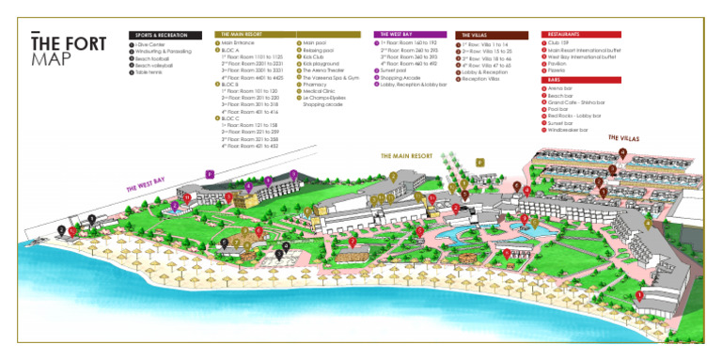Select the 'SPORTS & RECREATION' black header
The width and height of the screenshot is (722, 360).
coord(165,35)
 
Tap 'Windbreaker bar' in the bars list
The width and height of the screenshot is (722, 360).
coord(567,130)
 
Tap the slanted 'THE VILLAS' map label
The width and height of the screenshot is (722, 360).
coord(622,139)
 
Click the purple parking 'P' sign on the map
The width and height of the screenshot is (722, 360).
coord(210,173)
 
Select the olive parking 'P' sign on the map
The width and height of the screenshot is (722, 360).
coord(479,162)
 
